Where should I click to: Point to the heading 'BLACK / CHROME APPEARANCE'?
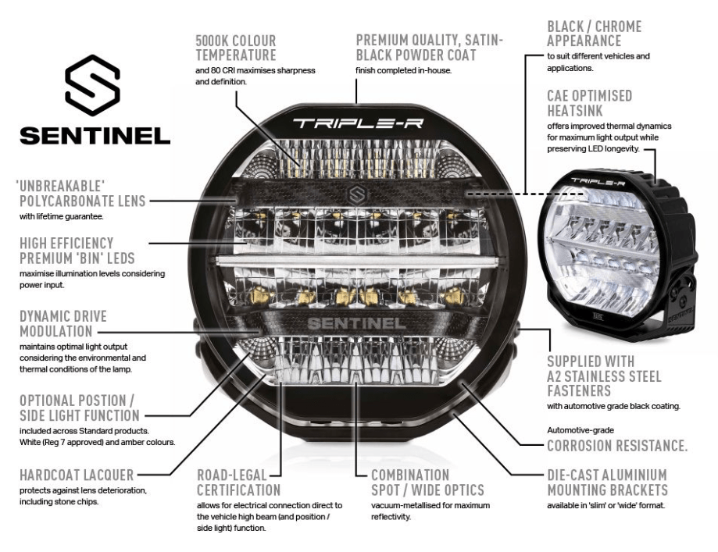(594, 34)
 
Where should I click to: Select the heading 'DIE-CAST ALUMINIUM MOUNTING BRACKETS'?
(607, 483)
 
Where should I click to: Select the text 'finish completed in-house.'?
(404, 70)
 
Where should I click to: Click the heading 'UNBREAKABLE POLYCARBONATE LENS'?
(80, 194)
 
